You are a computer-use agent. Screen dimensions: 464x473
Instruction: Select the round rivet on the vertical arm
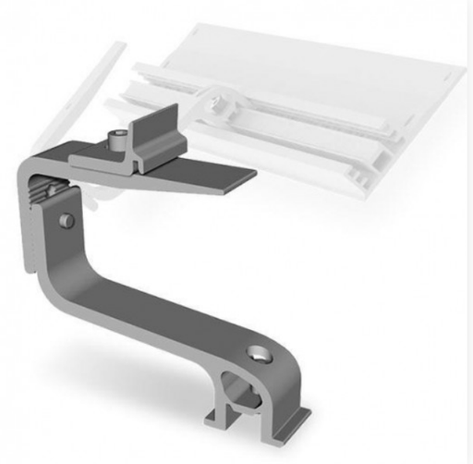tap(67, 219)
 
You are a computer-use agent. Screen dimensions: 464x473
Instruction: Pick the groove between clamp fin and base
tap(148, 157)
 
